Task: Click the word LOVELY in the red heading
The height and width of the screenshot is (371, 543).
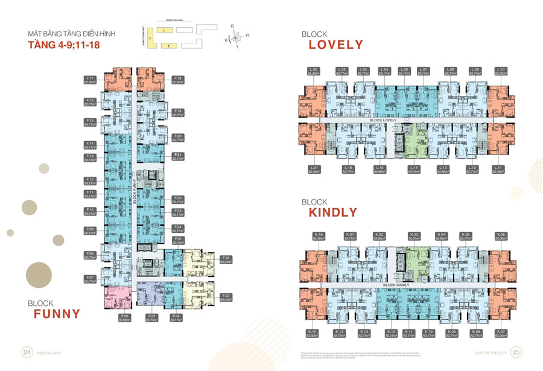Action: click(x=335, y=45)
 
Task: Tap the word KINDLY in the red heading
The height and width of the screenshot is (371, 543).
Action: click(x=333, y=212)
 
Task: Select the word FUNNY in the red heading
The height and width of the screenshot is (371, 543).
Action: click(x=57, y=313)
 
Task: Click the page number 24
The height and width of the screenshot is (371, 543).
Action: click(x=27, y=352)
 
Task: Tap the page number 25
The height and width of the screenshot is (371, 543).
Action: click(x=516, y=352)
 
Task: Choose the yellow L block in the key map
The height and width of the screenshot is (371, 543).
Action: click(x=165, y=29)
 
